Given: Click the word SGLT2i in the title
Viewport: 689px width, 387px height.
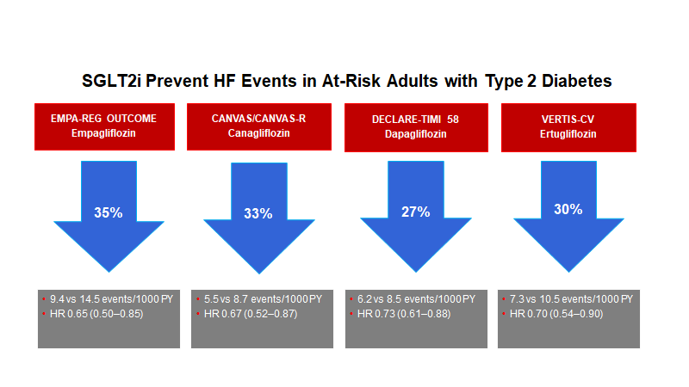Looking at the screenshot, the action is [112, 81].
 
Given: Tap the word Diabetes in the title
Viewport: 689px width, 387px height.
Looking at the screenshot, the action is [576, 81].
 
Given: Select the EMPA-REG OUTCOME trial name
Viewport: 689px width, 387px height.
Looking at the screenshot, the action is [103, 119].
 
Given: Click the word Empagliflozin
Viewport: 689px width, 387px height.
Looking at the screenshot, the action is [103, 133].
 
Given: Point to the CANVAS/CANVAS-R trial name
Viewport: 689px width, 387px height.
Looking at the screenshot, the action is [259, 119].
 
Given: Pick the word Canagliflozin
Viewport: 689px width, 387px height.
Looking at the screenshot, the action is [259, 133].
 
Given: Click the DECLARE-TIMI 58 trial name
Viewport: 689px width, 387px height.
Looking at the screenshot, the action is [415, 120].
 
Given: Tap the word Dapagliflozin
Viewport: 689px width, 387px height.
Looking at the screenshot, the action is [416, 134].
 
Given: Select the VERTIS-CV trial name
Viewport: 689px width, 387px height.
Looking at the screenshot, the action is [568, 120].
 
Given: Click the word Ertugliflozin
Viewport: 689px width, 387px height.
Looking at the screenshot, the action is [568, 134].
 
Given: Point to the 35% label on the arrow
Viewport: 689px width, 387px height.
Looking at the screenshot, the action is [109, 212].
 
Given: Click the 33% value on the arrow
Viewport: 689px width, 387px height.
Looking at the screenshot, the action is [258, 213].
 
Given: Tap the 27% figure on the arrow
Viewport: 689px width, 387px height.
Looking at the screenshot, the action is [416, 212].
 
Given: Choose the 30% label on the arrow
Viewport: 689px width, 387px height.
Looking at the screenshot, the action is [568, 209].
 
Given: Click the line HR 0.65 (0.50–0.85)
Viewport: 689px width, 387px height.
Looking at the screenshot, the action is [96, 314].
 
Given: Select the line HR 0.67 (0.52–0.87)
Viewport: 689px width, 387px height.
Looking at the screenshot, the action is [251, 314].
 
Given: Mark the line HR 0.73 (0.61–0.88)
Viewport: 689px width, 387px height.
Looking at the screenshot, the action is [404, 314].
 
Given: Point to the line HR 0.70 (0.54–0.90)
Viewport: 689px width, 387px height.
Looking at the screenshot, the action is [556, 314].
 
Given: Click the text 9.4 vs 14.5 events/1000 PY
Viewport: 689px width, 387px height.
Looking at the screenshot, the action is [112, 299].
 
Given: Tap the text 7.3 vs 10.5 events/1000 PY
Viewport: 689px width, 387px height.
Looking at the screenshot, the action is [571, 299].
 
